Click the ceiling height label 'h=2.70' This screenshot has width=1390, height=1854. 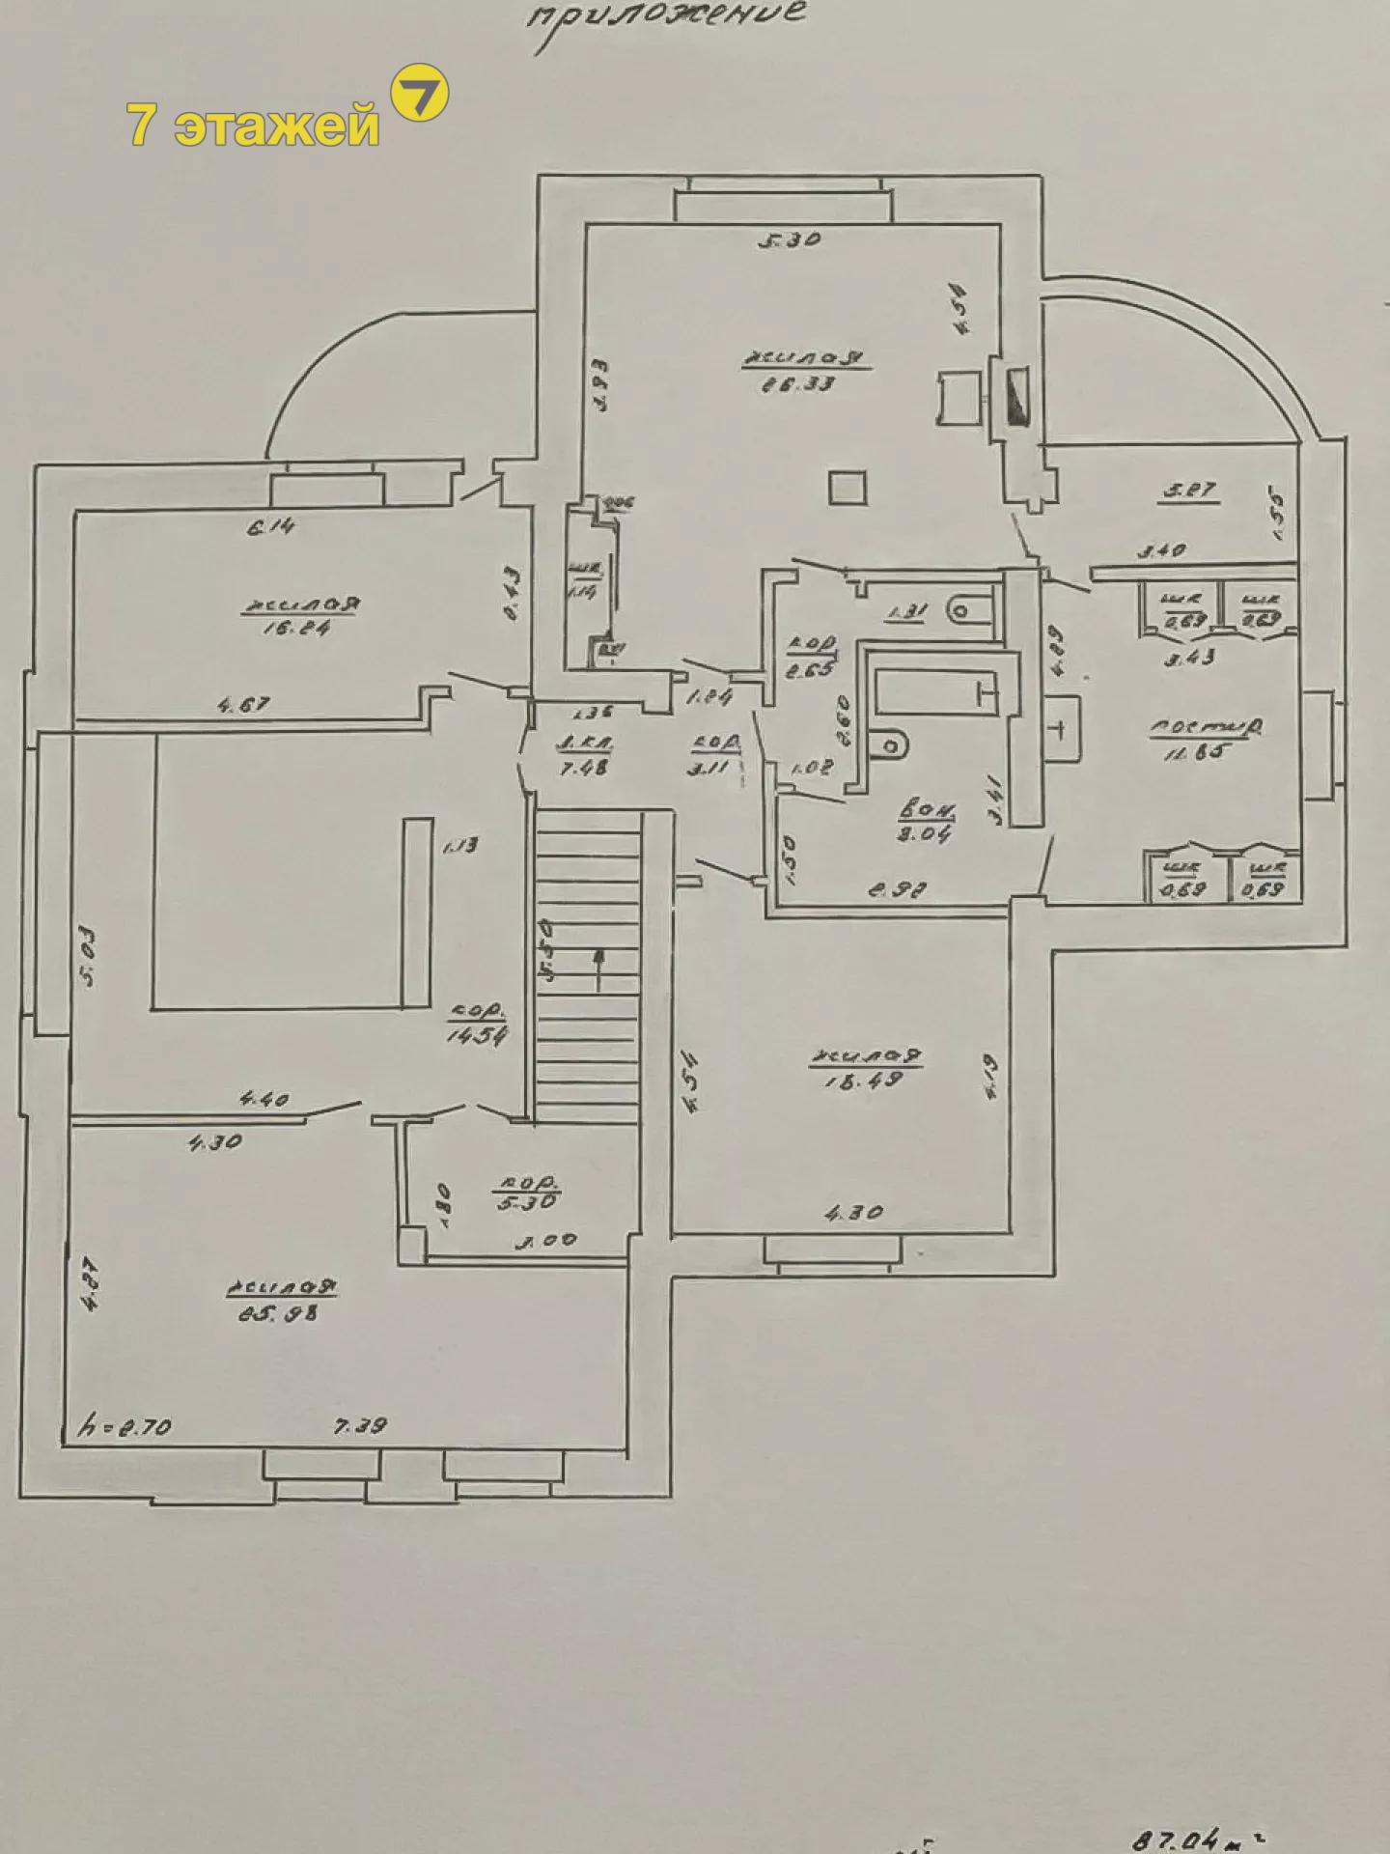click(125, 1426)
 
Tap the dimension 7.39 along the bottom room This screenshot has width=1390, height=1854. click(361, 1425)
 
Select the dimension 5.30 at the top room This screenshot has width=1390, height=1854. click(789, 239)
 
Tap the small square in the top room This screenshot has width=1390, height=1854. click(848, 488)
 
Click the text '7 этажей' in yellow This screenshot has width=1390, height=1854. click(253, 126)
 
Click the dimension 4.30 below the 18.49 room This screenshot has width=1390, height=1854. click(854, 1213)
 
